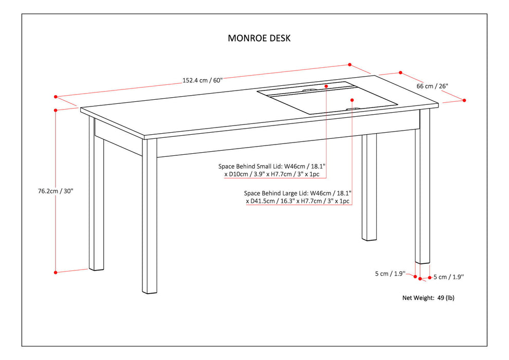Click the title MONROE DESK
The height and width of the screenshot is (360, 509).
click(x=260, y=38)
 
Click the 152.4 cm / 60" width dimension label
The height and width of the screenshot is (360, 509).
click(x=202, y=80)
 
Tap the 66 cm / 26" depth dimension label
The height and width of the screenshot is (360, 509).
click(x=432, y=86)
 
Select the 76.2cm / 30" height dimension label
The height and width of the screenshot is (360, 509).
click(x=56, y=191)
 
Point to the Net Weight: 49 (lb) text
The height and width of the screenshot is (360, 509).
click(x=428, y=298)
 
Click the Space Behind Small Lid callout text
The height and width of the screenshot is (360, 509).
click(x=272, y=170)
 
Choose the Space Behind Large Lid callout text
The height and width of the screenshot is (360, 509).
click(x=298, y=197)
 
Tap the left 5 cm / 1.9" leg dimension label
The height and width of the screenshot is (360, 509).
click(x=390, y=274)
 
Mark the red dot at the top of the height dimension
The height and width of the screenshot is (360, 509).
click(x=56, y=110)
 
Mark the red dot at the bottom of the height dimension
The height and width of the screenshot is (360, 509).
click(x=56, y=272)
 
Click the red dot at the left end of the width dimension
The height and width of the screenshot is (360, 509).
click(x=56, y=96)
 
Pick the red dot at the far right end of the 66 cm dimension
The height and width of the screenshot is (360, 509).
click(x=464, y=100)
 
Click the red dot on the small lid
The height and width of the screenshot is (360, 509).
click(x=326, y=86)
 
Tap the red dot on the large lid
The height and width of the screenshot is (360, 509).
click(x=352, y=100)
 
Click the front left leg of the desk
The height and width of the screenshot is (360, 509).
click(x=149, y=216)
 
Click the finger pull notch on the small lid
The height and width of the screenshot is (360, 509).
click(x=310, y=91)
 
